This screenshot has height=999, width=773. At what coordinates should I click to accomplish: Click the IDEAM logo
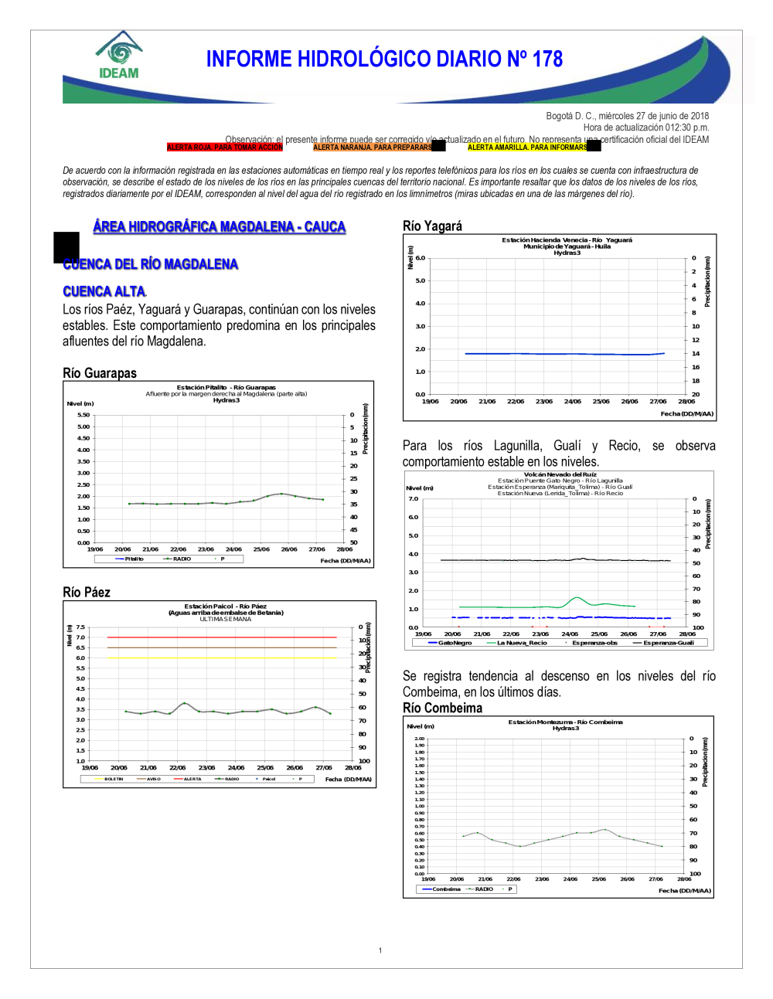pos(118,56)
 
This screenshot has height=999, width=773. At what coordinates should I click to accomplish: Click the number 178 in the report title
pos(547,59)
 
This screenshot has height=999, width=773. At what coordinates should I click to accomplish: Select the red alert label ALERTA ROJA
pos(224,147)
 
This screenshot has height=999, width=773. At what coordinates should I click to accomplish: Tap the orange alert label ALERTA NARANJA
pos(372,147)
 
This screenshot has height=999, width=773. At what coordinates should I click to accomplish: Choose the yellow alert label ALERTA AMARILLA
pos(526,147)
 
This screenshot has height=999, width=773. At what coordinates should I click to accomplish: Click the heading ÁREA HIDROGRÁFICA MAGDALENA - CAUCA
pos(220,226)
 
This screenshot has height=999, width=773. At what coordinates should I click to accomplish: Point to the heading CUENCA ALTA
pos(104,291)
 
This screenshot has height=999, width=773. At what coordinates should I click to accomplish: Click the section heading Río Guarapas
pos(100,373)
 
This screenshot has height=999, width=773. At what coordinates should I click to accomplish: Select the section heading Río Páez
pos(87,593)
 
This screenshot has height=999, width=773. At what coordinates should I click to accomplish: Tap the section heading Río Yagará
pos(432,226)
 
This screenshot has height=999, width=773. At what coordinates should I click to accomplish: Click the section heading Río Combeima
pos(442,708)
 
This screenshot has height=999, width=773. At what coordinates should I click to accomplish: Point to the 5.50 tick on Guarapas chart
pos(83,415)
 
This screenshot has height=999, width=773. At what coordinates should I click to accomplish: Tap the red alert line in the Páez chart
pos(222,637)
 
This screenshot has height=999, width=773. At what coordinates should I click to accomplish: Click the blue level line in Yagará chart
pos(564,354)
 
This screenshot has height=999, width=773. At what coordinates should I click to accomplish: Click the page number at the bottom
pos(380,950)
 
